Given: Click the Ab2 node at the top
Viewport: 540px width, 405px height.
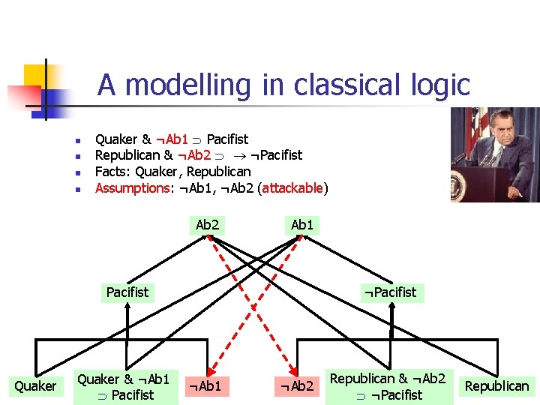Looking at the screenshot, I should [x=208, y=224].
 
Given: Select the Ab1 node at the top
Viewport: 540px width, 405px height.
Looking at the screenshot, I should [x=302, y=224].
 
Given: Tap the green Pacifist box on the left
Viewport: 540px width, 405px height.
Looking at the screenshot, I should [x=127, y=292].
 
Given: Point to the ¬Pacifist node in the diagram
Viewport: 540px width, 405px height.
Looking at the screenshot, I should [x=390, y=292].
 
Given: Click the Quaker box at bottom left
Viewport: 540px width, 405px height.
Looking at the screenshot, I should [x=35, y=386].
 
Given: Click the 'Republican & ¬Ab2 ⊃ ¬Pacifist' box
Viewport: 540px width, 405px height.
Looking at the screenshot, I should [x=388, y=386].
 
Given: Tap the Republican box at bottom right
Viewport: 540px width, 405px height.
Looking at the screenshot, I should [x=497, y=386].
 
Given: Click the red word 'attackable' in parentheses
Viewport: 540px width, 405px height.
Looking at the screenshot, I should [x=292, y=187].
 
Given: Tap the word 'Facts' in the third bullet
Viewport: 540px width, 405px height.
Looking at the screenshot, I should [x=111, y=172].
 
